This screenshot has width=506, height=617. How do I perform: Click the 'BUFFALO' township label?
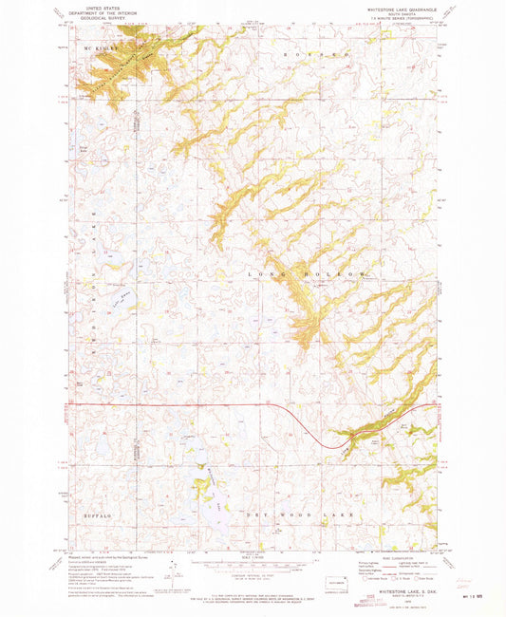click(96, 514)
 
